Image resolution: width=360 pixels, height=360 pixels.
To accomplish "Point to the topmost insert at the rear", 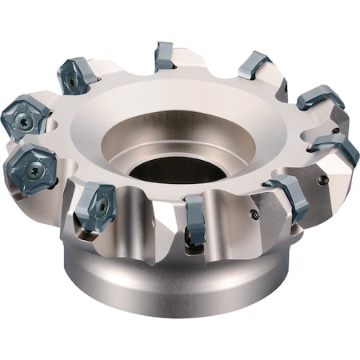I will click(164, 56).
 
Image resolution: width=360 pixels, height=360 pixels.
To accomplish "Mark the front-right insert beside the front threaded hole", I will click(288, 196).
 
